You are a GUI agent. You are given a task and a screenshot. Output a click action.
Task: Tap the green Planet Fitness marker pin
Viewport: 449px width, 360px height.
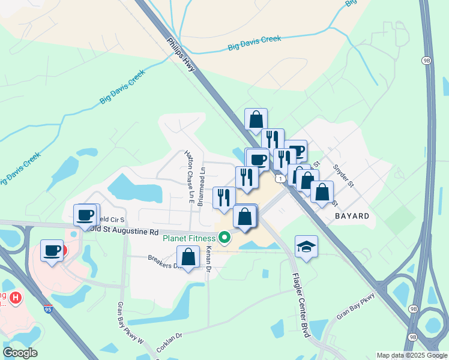[225, 238]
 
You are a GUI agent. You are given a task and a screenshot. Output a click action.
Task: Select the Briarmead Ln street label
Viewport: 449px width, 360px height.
[202, 179]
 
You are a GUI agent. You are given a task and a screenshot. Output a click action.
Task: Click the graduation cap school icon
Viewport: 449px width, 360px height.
[306, 247]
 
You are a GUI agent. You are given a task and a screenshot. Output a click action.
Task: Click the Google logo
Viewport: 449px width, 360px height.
[20, 353]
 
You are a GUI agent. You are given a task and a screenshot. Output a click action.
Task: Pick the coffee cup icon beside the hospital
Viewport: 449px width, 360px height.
[52, 250]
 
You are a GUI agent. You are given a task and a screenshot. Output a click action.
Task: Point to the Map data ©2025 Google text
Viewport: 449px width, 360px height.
[411, 355]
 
